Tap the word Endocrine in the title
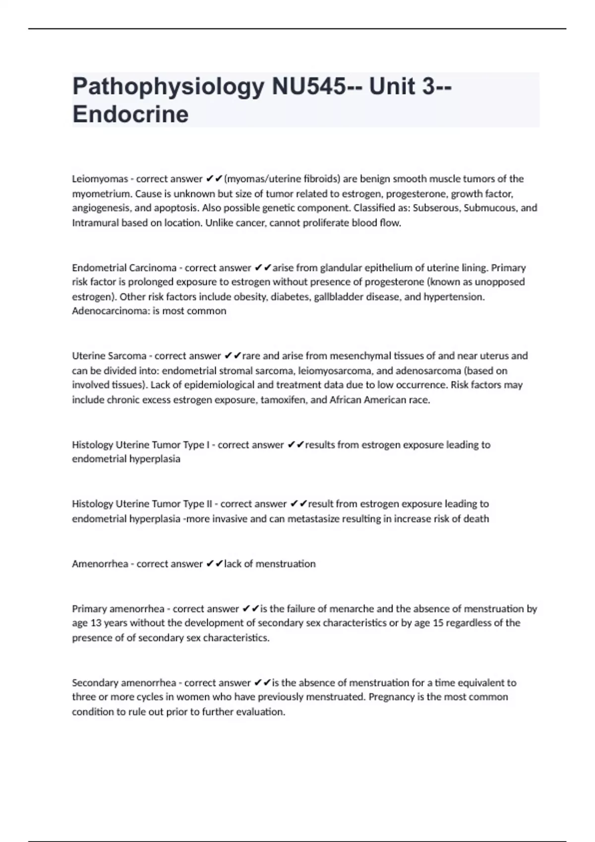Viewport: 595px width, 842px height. tap(130, 114)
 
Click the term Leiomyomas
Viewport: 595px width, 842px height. tap(100, 179)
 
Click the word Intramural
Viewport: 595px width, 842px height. tap(96, 223)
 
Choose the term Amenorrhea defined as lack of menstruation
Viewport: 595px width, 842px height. tap(100, 564)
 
